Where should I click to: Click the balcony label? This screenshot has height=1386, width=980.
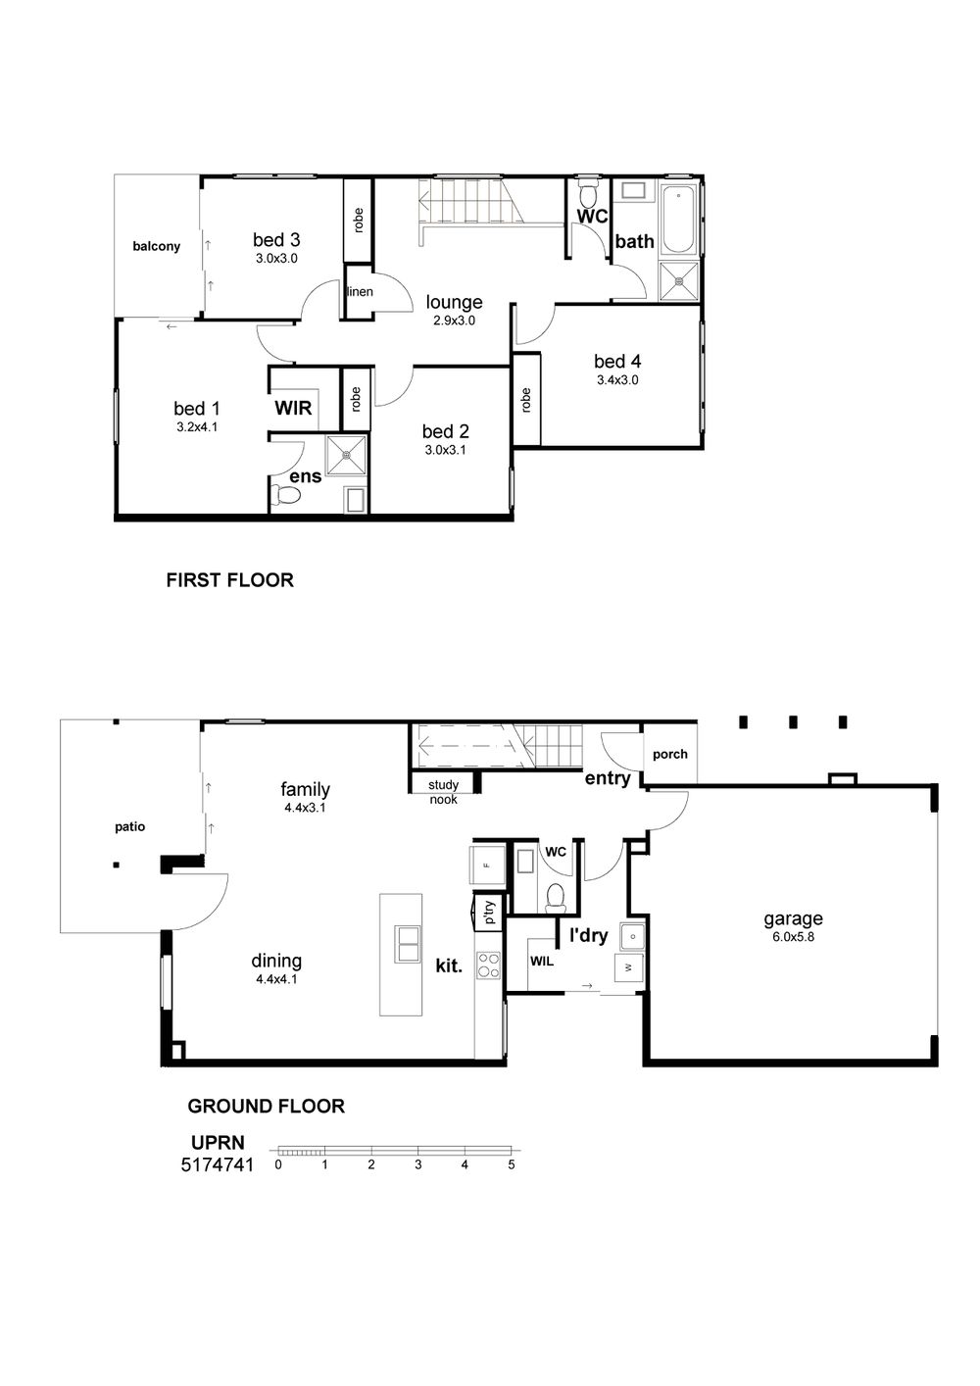(157, 246)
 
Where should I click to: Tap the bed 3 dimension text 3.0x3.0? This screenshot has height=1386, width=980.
(276, 259)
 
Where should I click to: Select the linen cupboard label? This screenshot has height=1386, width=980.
(360, 291)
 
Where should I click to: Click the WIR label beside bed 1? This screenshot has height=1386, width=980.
(293, 408)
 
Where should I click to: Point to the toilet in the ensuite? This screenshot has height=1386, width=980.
(286, 494)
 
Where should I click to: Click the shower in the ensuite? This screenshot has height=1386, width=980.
(347, 456)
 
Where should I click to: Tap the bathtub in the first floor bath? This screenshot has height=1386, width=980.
(679, 220)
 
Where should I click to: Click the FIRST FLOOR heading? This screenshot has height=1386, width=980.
(229, 579)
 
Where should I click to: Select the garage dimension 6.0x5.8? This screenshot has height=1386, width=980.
(793, 937)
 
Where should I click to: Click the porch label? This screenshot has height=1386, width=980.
(670, 754)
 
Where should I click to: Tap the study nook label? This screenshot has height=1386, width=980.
(444, 792)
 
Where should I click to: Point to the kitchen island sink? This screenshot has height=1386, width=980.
(407, 944)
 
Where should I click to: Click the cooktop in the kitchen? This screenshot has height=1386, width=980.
(488, 965)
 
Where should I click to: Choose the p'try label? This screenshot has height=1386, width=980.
(489, 912)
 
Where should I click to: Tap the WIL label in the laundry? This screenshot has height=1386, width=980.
(542, 962)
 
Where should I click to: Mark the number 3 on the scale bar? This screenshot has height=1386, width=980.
(418, 1164)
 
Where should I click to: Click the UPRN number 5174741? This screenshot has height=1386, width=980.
(218, 1165)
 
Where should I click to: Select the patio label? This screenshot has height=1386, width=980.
(130, 826)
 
